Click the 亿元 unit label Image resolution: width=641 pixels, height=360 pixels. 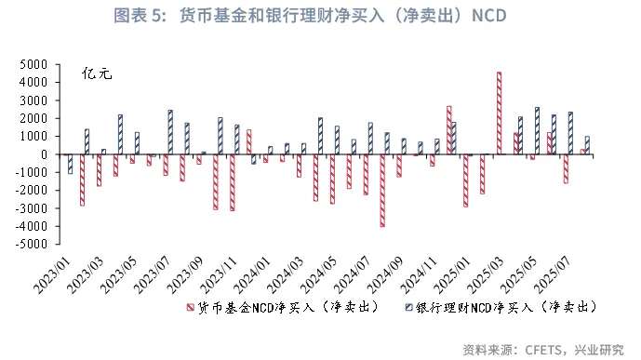98,73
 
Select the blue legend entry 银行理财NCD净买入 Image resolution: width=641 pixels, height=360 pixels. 498,306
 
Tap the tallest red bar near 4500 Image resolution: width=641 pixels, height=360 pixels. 499,112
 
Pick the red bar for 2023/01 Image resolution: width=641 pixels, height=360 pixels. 82,180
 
